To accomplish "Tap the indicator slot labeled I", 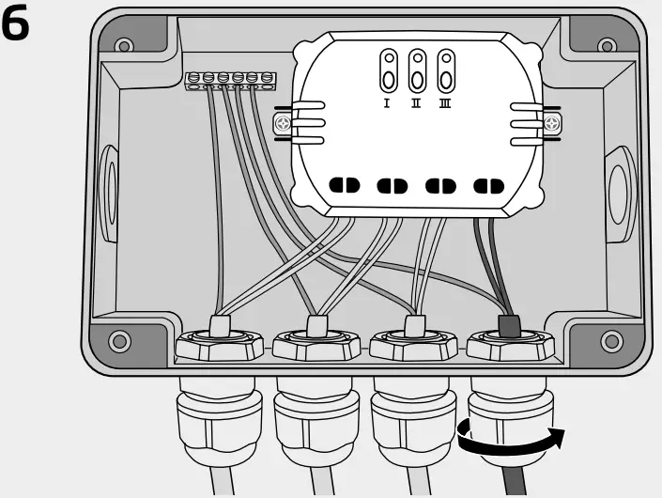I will [x=387, y=70].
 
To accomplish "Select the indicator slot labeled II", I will [x=416, y=70].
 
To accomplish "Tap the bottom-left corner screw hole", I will [x=119, y=339].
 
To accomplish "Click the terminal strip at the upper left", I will [x=230, y=82].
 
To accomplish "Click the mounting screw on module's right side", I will [x=554, y=122].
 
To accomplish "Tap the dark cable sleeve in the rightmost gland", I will [x=509, y=326].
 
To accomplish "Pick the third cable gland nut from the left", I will [x=414, y=346].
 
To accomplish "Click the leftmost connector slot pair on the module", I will [x=344, y=185].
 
